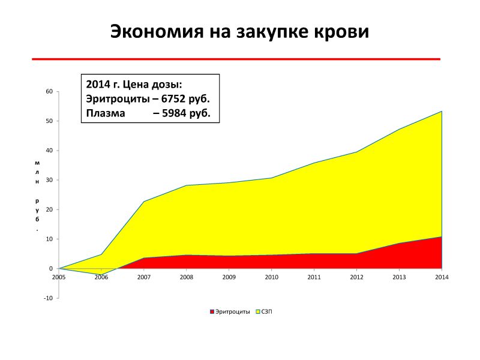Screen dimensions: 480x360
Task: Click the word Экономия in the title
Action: [157, 32]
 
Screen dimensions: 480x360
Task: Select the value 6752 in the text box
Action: [173, 99]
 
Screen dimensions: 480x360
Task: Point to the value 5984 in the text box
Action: [174, 113]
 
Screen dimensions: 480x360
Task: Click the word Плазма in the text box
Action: [106, 113]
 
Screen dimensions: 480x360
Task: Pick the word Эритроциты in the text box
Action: [118, 99]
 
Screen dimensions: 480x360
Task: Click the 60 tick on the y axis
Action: [49, 91]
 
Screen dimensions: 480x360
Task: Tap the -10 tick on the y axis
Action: [49, 298]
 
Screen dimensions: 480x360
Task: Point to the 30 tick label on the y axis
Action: [49, 180]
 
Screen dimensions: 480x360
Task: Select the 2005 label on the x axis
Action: [59, 277]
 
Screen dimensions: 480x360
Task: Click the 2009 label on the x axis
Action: [229, 277]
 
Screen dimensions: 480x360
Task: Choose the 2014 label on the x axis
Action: [442, 277]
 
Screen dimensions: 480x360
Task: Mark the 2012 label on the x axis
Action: [356, 277]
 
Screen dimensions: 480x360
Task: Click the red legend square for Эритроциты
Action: [212, 311]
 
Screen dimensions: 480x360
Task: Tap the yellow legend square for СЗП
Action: [258, 311]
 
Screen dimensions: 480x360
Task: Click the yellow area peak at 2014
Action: [442, 111]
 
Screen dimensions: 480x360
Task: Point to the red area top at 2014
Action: [442, 236]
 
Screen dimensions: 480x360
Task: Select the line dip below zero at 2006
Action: [101, 274]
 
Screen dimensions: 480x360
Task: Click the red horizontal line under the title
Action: [236, 59]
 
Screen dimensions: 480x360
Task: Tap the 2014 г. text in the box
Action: [103, 84]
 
